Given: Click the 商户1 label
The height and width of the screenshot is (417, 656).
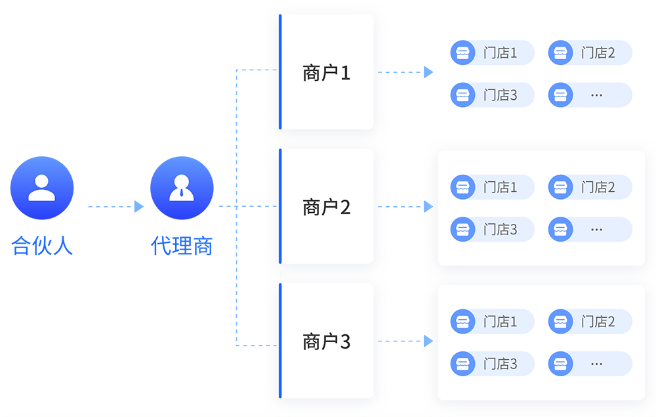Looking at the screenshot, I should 327,73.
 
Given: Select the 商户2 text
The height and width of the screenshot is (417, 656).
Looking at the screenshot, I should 327,208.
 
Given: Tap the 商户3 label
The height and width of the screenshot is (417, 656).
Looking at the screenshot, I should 327,341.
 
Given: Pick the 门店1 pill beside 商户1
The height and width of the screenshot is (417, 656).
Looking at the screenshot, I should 492,53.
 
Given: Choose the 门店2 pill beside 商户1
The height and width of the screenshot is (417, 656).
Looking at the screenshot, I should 590,53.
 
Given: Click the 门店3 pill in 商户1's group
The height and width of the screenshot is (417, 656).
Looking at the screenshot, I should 492,95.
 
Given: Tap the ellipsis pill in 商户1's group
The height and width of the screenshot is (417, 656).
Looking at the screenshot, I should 590,95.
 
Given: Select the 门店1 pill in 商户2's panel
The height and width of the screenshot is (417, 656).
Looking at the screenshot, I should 492,188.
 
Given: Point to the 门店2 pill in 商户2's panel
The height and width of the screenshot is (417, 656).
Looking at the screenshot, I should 590,188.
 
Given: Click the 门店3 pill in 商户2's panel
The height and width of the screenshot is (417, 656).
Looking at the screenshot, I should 492,229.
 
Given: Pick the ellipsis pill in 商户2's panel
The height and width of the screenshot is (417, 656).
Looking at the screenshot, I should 590,229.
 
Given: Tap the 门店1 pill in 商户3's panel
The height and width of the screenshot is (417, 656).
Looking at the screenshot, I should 492,322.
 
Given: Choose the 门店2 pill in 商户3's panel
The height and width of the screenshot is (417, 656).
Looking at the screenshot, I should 590,322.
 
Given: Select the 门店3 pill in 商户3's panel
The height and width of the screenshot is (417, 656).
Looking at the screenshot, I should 492,364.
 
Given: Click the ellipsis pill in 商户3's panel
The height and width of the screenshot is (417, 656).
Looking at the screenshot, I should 590,364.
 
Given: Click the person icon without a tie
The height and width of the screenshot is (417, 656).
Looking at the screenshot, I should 42,188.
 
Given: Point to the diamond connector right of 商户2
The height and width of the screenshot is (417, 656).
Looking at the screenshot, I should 406,207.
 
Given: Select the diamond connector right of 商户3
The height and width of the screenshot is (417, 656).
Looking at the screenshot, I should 406,341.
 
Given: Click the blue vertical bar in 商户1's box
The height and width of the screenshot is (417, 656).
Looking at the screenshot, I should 280,72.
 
